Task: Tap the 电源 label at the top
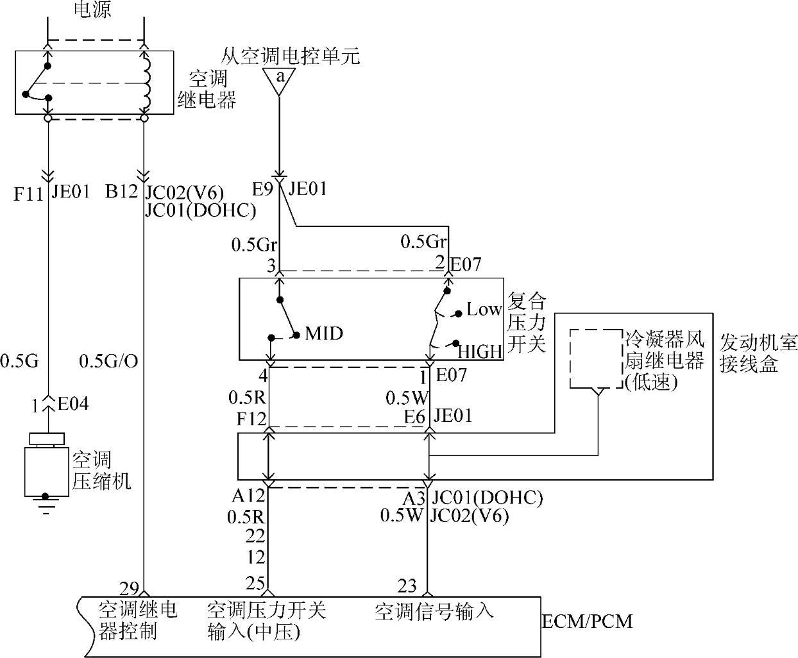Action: click(92, 9)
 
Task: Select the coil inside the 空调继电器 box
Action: click(146, 82)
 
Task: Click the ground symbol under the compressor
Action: click(46, 504)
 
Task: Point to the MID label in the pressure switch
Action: click(324, 333)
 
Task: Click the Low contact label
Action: click(484, 309)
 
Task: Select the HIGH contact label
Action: click(480, 351)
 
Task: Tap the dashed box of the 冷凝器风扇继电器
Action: click(596, 359)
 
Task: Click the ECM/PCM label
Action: click(588, 621)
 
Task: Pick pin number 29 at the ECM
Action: click(129, 589)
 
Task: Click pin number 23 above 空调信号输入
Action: click(407, 586)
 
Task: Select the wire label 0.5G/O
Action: click(108, 361)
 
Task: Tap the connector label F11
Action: click(28, 194)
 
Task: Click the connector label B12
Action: click(121, 191)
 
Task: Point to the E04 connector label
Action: click(73, 403)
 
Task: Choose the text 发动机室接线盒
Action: click(759, 353)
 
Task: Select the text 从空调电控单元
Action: click(290, 56)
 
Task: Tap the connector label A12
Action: click(248, 496)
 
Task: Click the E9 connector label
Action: click(262, 189)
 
